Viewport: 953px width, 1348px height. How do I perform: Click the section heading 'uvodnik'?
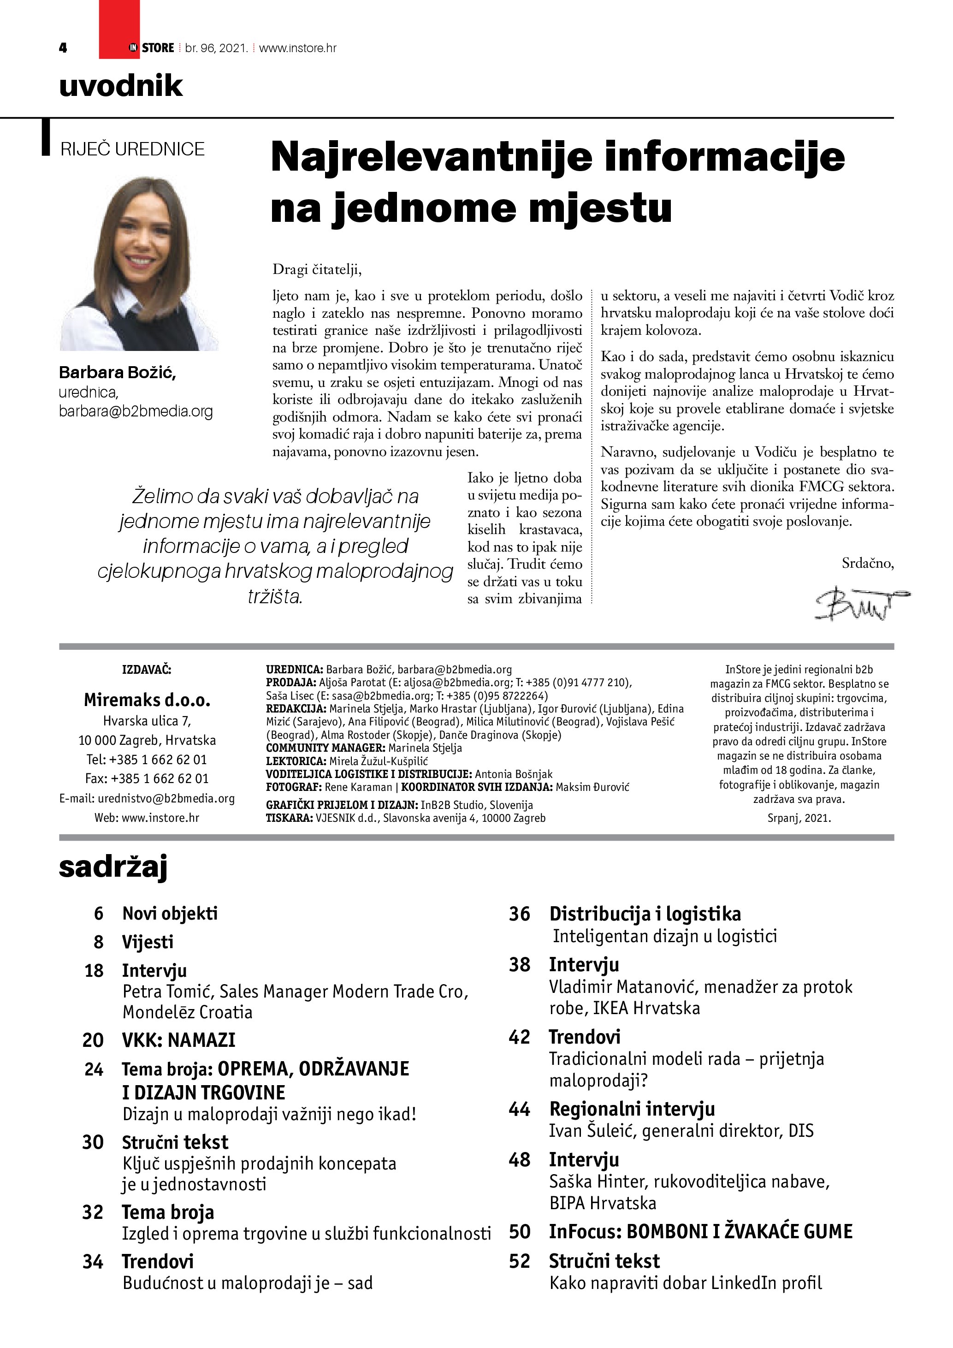121,86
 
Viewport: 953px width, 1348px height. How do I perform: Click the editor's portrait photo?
139,264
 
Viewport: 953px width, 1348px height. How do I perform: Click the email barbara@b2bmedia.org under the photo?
136,411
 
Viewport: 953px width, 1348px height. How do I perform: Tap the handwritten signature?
860,602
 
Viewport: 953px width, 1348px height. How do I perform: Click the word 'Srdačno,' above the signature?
867,563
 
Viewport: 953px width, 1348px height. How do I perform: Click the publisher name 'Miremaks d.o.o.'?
147,700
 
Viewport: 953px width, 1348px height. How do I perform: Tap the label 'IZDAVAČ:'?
147,669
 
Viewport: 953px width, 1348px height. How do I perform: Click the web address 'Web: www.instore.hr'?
147,817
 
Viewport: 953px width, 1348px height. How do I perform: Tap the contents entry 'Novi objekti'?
170,914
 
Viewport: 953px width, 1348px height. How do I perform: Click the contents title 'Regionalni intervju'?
632,1109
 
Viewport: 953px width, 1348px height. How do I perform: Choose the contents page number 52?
519,1261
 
